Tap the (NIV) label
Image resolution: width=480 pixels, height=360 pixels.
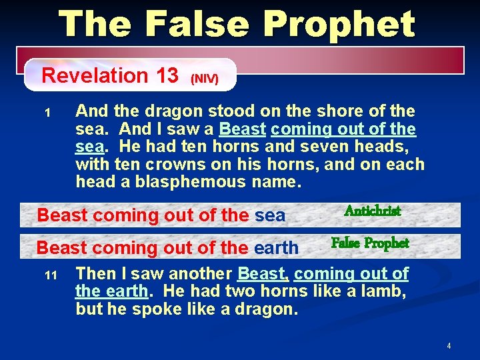click(x=204, y=79)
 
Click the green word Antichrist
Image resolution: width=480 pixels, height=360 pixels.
click(x=372, y=211)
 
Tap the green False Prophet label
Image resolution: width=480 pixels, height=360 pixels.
click(x=370, y=243)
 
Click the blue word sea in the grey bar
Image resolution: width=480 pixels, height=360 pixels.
click(x=270, y=215)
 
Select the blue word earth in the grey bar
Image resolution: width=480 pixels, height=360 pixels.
click(x=276, y=248)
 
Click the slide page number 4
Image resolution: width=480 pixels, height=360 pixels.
click(x=449, y=346)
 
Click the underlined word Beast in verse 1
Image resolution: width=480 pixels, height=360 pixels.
click(x=243, y=129)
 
